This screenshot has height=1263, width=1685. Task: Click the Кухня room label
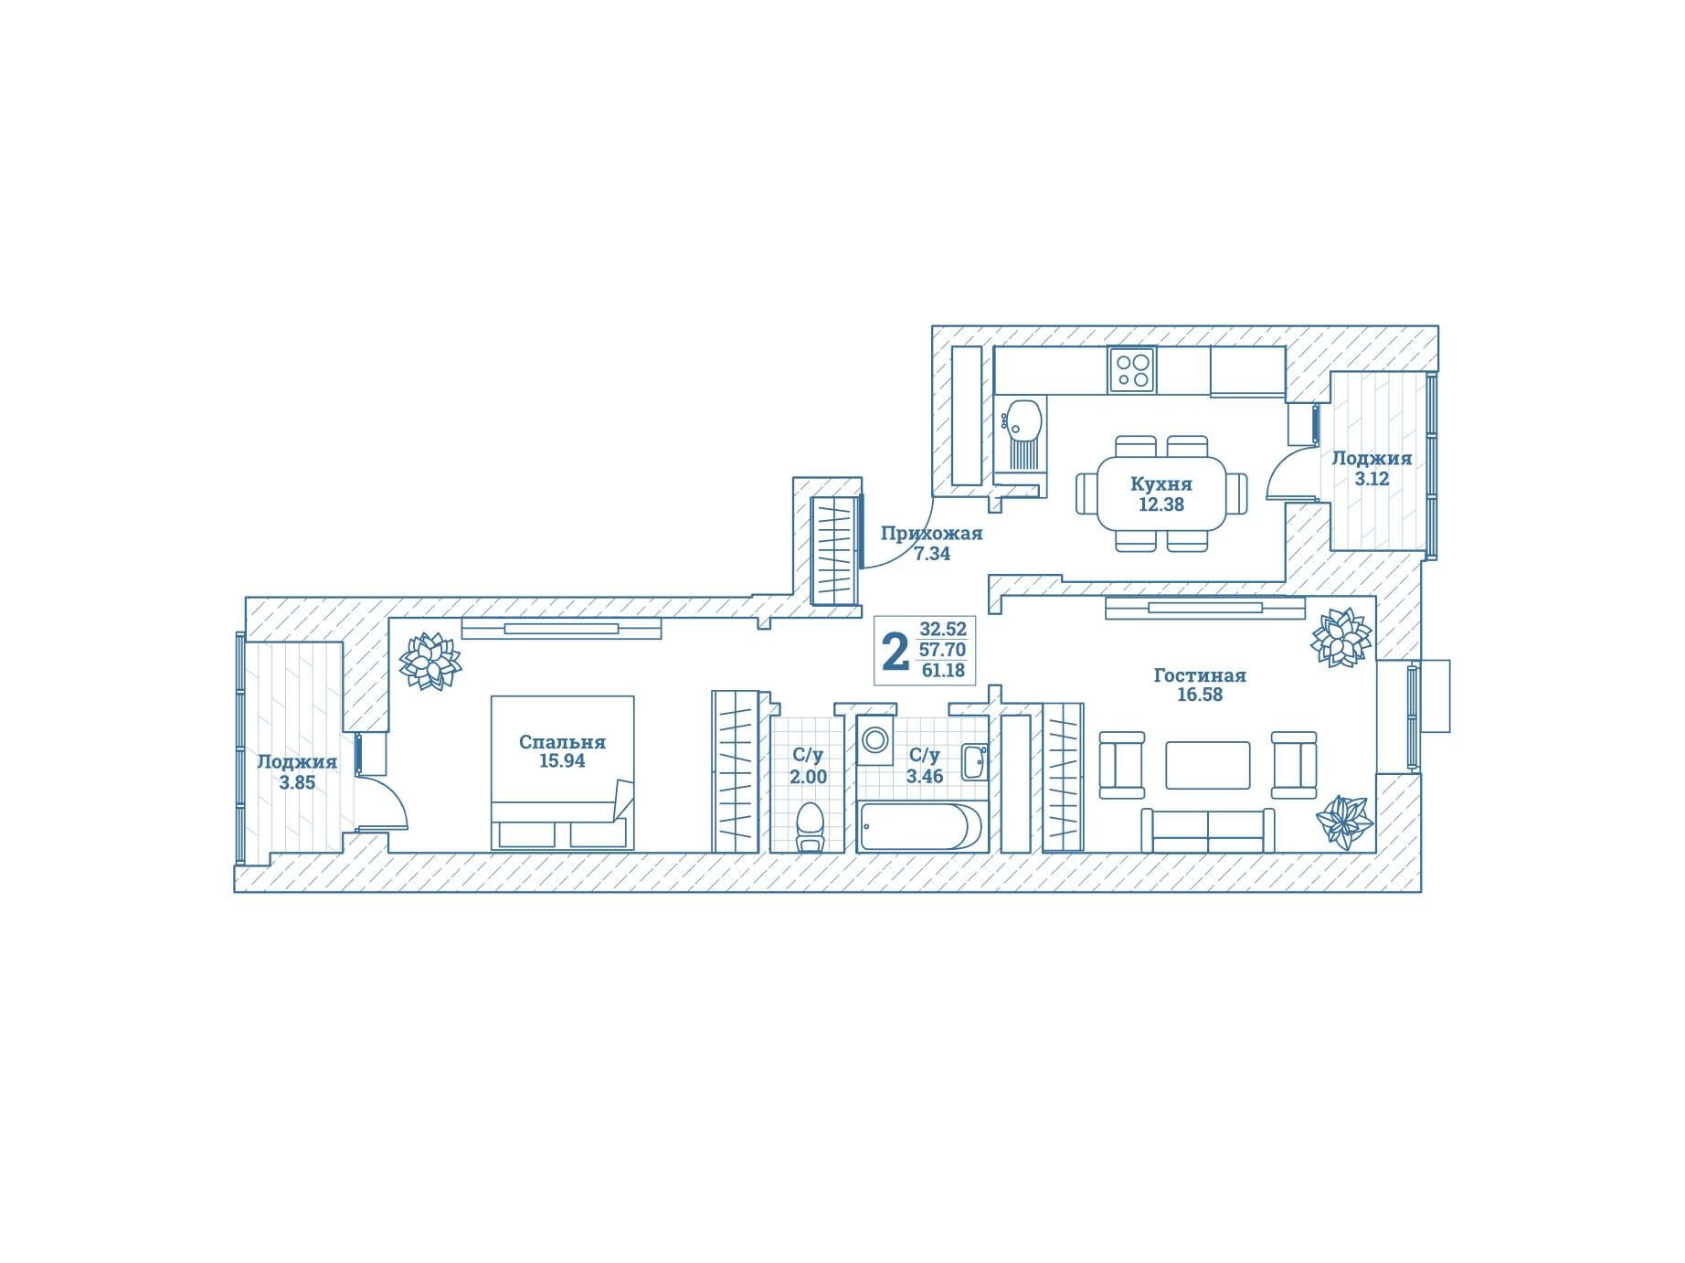pos(1160,483)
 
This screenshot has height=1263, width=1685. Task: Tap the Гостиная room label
pos(1200,675)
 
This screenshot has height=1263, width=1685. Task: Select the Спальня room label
pos(562,742)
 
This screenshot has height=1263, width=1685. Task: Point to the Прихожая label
pos(931,534)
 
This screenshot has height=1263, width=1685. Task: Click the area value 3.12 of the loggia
pos(1372,478)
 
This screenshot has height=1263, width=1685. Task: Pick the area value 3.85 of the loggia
pos(297,782)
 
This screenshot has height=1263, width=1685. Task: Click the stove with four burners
pos(1132,370)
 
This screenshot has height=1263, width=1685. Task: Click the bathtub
pos(921,825)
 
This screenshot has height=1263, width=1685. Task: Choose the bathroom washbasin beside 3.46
pos(975,762)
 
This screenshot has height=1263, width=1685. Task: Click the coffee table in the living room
pos(1208,765)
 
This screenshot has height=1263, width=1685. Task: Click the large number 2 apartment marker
pos(895,652)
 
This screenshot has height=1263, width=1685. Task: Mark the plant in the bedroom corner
pos(430,662)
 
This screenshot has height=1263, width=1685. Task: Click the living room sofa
pos(1208,830)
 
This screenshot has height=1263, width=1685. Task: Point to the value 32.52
pos(943,629)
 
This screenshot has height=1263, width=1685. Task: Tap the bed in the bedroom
pos(562,773)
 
